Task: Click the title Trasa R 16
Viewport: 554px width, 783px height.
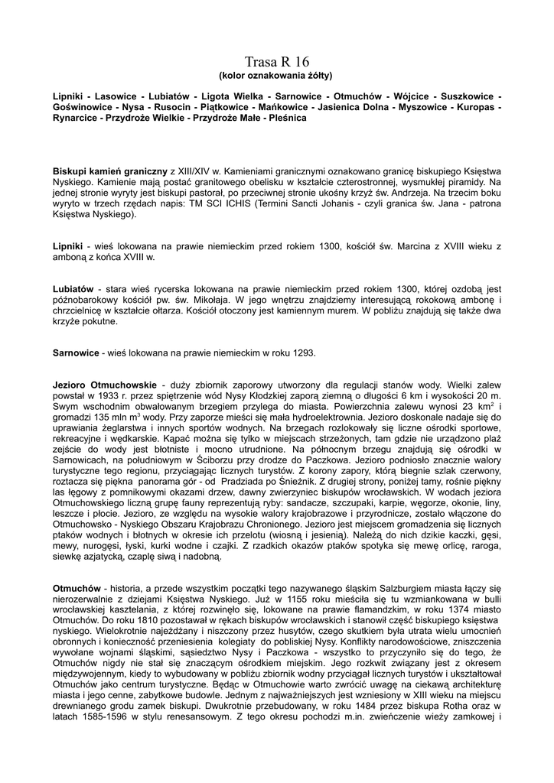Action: tap(276, 61)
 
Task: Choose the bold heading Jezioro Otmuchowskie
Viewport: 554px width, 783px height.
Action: tap(104, 383)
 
